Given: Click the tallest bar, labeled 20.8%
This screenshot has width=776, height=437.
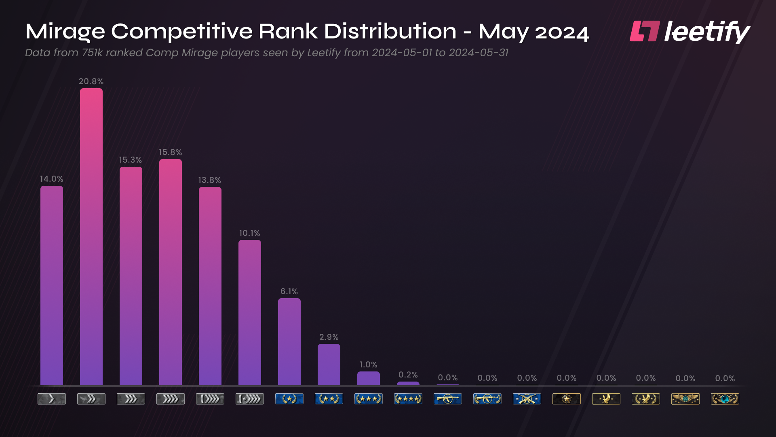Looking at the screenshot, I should pyautogui.click(x=91, y=237).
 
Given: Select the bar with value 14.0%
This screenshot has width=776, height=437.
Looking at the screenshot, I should pyautogui.click(x=52, y=285).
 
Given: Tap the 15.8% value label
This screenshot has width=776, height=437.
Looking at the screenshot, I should pyautogui.click(x=170, y=152).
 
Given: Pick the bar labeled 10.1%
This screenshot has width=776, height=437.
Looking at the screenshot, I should pyautogui.click(x=250, y=312).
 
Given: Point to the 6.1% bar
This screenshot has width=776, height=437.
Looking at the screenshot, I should pyautogui.click(x=289, y=342).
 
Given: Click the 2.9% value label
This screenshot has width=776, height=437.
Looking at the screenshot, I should pyautogui.click(x=329, y=337).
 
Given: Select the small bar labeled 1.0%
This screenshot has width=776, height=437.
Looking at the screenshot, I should pyautogui.click(x=369, y=379).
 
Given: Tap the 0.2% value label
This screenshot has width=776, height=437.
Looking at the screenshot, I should pyautogui.click(x=408, y=375).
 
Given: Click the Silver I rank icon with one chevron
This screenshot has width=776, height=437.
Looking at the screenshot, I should pyautogui.click(x=52, y=399).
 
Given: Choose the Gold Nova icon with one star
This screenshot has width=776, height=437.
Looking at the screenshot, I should pyautogui.click(x=289, y=399).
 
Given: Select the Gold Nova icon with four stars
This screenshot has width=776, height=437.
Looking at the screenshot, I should pyautogui.click(x=408, y=399).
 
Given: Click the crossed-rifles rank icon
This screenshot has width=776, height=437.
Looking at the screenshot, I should pyautogui.click(x=527, y=399).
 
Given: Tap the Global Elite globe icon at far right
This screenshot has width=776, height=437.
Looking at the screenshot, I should pyautogui.click(x=725, y=399).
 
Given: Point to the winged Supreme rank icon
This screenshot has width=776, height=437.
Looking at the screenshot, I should pyautogui.click(x=685, y=399).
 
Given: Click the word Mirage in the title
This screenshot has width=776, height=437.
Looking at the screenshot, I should pyautogui.click(x=65, y=32).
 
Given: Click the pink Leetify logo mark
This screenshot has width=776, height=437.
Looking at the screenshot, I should pyautogui.click(x=645, y=32).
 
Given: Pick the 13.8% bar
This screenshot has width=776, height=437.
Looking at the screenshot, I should pyautogui.click(x=210, y=286).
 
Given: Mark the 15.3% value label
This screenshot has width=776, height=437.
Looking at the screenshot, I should pyautogui.click(x=130, y=160).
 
